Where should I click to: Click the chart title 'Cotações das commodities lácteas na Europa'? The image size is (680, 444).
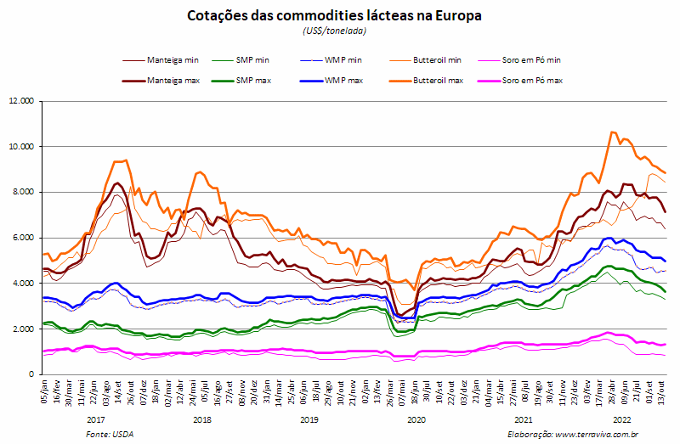(x=334, y=15)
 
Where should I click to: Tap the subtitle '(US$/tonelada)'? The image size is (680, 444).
(x=334, y=31)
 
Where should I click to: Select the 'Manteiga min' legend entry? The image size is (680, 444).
(x=161, y=60)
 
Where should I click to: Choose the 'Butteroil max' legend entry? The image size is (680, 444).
(x=427, y=81)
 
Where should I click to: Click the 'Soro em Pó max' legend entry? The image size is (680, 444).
(x=520, y=81)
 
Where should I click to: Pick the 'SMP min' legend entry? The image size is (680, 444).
(x=241, y=60)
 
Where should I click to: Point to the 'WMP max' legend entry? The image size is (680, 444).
(x=331, y=81)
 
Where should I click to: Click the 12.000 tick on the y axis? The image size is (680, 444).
(x=20, y=101)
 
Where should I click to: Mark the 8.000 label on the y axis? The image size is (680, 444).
(x=23, y=192)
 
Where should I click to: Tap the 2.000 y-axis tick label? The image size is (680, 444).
(x=23, y=329)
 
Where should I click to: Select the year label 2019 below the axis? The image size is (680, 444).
(x=309, y=419)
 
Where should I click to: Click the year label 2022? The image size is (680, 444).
(x=621, y=419)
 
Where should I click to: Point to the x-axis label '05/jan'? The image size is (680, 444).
(x=44, y=391)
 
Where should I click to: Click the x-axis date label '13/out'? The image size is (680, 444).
(x=662, y=391)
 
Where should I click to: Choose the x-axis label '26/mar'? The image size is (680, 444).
(x=389, y=392)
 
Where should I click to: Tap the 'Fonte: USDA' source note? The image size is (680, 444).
(x=110, y=435)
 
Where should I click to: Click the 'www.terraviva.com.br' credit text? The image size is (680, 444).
(x=597, y=435)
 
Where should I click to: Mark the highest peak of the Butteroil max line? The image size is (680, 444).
(x=612, y=132)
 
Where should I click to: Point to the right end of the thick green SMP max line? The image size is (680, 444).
(x=666, y=292)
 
